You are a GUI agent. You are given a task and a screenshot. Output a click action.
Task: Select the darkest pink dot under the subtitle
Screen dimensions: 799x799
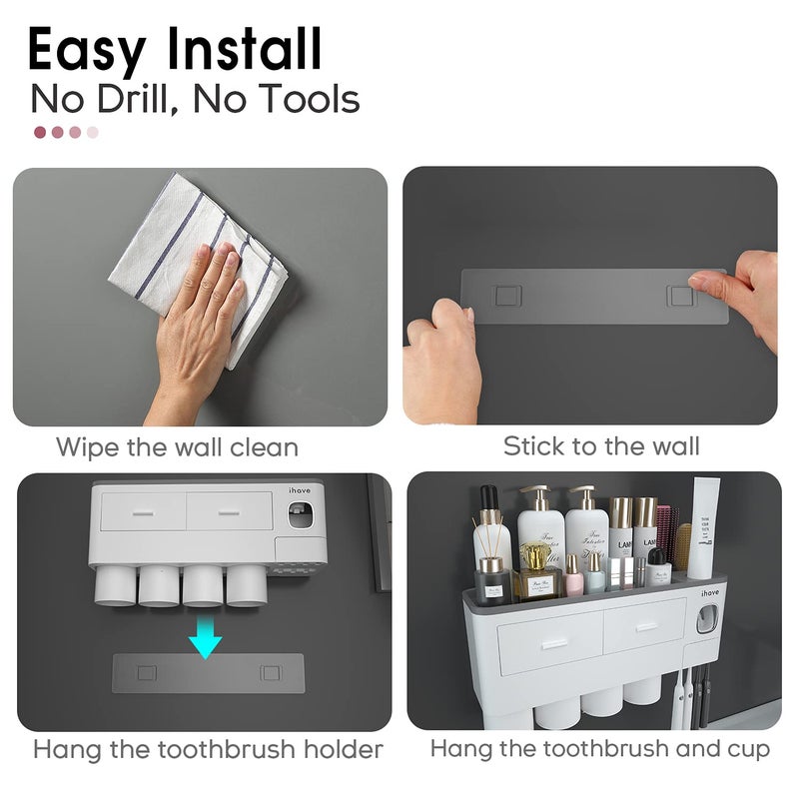tap(40, 132)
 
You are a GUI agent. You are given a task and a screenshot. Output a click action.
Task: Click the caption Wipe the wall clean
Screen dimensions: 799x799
tap(177, 445)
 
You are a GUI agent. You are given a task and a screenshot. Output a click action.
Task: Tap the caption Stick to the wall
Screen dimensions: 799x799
tap(601, 445)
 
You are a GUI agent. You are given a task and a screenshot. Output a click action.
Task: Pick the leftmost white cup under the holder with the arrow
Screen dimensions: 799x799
tap(114, 586)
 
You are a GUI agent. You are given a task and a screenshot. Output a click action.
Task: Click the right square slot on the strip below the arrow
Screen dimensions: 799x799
tap(270, 673)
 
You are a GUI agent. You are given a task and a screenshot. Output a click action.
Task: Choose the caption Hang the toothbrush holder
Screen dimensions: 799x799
tap(208, 749)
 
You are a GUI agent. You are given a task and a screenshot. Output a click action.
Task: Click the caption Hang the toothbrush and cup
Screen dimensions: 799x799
tap(600, 749)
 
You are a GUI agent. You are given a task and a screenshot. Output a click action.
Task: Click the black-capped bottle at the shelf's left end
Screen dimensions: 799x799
tap(489, 529)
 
